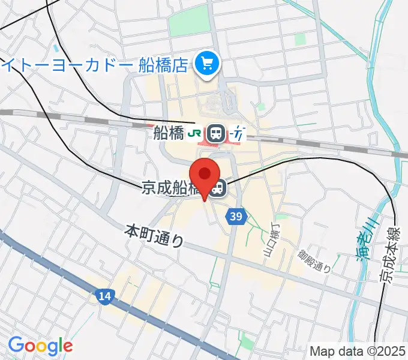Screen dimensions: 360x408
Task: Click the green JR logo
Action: [195, 133]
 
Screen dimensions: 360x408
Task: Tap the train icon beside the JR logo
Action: [216, 133]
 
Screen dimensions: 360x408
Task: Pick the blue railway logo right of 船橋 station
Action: [238, 133]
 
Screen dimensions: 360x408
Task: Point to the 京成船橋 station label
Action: [170, 189]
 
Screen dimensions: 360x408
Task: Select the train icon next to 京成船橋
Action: [218, 189]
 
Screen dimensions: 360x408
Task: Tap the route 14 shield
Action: [104, 296]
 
